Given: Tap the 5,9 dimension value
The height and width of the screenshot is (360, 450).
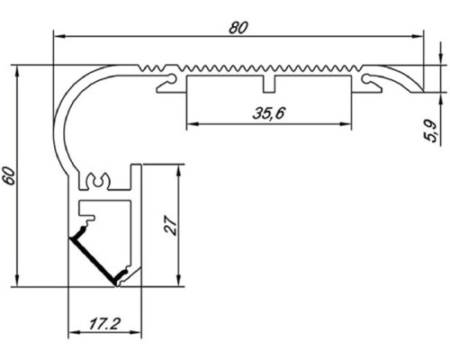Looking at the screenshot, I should pos(435,131).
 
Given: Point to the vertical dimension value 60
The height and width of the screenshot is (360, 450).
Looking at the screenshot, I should pos(10,176).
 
